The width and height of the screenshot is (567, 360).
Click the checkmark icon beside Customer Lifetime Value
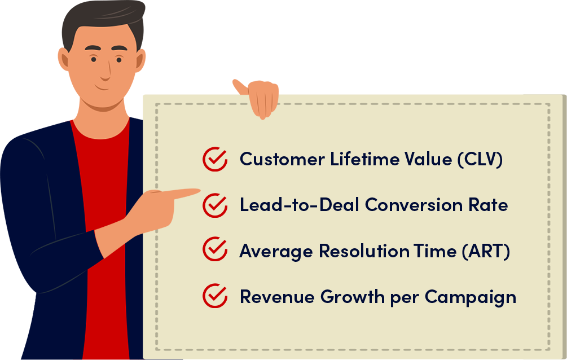215,159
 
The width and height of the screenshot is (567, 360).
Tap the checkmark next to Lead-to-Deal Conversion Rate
215,205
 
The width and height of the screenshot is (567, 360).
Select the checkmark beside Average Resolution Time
215,249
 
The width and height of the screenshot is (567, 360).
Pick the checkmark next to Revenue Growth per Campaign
215,296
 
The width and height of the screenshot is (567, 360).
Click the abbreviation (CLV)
480,160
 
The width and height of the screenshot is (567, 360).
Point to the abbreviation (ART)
486,251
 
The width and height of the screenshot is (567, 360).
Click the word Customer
282,159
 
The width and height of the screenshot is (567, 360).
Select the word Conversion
414,205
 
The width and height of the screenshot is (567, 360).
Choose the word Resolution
363,251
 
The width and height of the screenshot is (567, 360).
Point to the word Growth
353,297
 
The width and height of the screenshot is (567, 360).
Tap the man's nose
106,71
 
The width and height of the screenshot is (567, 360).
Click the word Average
276,252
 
